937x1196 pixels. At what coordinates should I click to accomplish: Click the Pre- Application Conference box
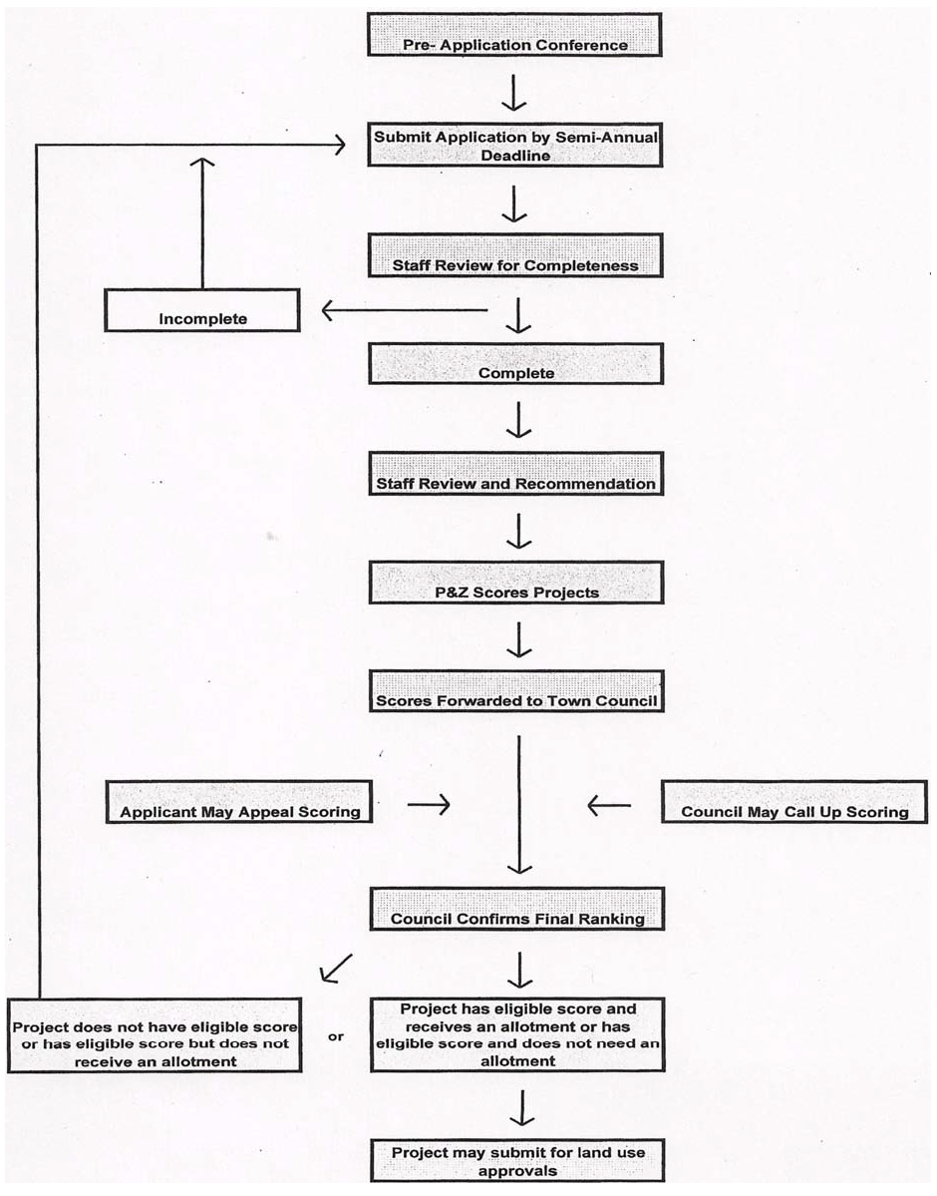[x=515, y=35]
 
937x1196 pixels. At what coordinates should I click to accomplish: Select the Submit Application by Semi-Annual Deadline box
[x=515, y=147]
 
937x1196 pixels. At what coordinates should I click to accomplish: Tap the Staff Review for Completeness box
[x=515, y=256]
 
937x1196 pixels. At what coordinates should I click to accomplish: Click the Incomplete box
[x=202, y=311]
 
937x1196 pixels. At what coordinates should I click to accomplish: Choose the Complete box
[x=515, y=364]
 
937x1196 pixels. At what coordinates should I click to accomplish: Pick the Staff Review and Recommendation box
[x=515, y=474]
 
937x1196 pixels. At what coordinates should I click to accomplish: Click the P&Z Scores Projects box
[x=515, y=583]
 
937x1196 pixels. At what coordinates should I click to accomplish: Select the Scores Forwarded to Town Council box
[x=515, y=691]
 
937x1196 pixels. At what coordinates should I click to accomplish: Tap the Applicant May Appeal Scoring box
[x=240, y=802]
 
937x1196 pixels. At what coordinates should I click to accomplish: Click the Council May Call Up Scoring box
[x=793, y=802]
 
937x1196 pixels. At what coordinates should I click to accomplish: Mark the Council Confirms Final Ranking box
[x=515, y=910]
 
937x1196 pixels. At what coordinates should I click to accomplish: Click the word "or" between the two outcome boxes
[x=336, y=1037]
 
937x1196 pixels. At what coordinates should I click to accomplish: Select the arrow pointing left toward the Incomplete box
[x=404, y=312]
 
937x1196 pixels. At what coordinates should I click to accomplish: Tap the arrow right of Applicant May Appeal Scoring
[x=429, y=805]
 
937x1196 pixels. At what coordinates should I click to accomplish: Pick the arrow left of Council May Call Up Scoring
[x=608, y=804]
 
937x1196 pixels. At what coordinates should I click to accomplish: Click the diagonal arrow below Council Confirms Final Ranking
[x=336, y=966]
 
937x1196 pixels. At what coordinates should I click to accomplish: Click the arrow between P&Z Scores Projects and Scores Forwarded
[x=516, y=638]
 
